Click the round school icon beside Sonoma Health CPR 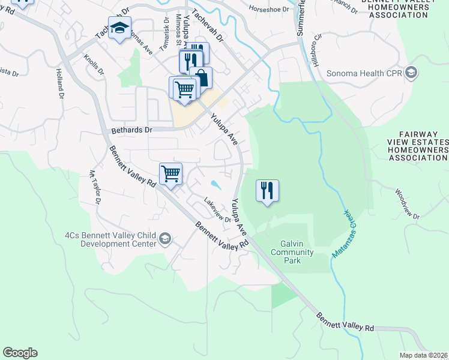[411, 74]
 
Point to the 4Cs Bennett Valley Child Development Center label [111, 239]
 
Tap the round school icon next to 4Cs [165, 240]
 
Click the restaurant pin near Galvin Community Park [267, 191]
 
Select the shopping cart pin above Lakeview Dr [171, 175]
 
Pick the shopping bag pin [201, 78]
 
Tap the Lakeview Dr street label [217, 210]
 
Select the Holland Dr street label [59, 83]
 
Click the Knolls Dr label [94, 64]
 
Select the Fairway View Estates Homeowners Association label [418, 147]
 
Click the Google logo [20, 353]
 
